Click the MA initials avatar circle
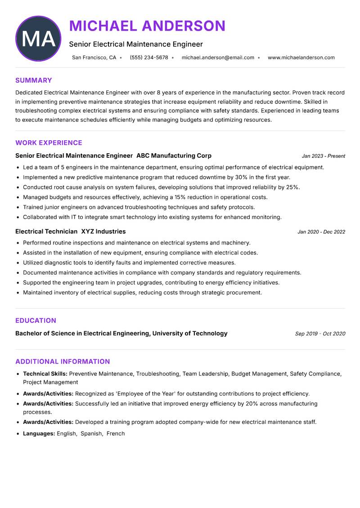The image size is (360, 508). [38, 39]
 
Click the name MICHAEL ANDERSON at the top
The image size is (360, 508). [147, 26]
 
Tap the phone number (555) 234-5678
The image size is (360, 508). [149, 58]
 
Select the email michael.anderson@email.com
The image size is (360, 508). [218, 58]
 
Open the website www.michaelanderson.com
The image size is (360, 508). [301, 58]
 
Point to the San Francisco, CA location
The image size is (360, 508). [94, 58]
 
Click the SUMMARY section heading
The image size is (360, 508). [34, 80]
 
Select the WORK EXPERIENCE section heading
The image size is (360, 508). [49, 143]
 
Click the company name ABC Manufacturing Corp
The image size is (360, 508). [174, 156]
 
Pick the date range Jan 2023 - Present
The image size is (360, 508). [323, 156]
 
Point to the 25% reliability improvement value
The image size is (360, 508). [292, 187]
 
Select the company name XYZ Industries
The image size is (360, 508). [103, 232]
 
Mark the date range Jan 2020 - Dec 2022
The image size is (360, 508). [321, 232]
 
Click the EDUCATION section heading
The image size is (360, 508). [36, 321]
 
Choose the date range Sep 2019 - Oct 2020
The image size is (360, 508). [320, 334]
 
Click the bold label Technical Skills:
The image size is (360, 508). [45, 374]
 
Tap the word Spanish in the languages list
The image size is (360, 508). [91, 434]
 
